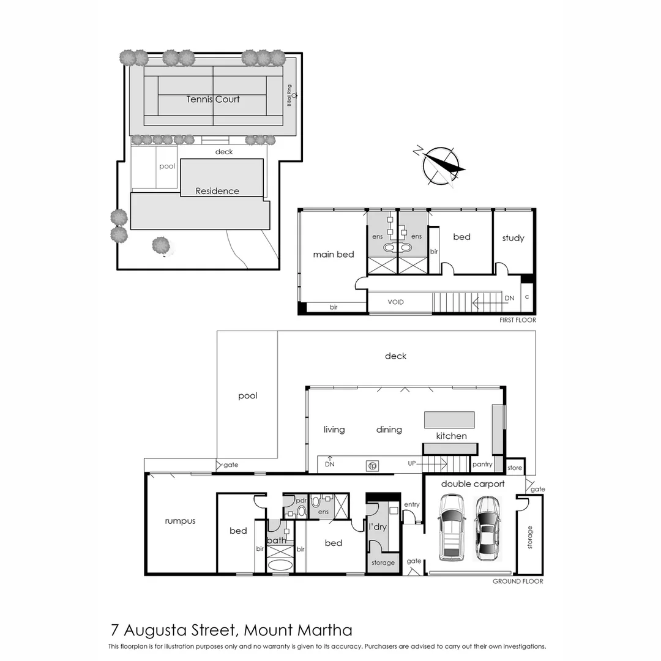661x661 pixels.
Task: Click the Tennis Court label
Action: [x=213, y=99]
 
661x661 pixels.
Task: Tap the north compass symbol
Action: [x=441, y=164]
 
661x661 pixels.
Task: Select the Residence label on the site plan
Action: [x=217, y=191]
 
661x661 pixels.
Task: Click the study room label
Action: [x=513, y=238]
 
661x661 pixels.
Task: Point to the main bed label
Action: [x=334, y=254]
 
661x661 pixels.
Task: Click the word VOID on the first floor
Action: [x=396, y=302]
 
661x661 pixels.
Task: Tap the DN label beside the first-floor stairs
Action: [x=509, y=298]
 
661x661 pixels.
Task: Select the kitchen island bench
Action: [x=449, y=420]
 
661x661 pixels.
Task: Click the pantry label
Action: [x=482, y=465]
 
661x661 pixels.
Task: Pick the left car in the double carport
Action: [x=451, y=528]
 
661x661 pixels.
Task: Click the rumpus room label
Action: [x=180, y=521]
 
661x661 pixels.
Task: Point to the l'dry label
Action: [x=378, y=526]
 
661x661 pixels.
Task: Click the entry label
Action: [x=412, y=504]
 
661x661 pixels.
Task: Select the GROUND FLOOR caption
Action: [x=517, y=581]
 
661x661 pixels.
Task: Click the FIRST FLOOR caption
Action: [x=518, y=320]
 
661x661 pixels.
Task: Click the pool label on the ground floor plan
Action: [x=247, y=396]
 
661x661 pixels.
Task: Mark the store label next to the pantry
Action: [x=515, y=468]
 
